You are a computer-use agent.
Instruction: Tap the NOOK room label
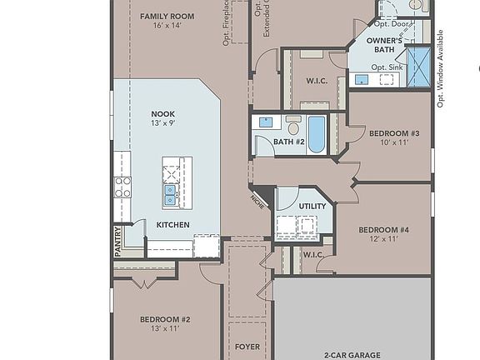tap(162, 113)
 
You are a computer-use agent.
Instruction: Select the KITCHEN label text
tap(173, 225)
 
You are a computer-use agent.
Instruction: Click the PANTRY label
tap(117, 242)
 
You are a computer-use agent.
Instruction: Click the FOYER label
tap(247, 346)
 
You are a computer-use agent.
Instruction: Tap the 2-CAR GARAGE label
tap(352, 353)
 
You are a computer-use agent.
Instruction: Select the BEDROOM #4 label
tap(383, 229)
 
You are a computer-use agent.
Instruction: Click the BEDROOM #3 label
tap(393, 133)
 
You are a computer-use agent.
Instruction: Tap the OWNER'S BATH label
tap(387, 46)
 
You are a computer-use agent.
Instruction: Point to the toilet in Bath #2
tap(293, 127)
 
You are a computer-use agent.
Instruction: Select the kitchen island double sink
tap(170, 194)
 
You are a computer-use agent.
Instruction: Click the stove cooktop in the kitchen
tap(122, 185)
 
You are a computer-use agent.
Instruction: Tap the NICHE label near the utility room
tap(257, 202)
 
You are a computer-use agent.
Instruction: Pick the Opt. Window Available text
tap(441, 69)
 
